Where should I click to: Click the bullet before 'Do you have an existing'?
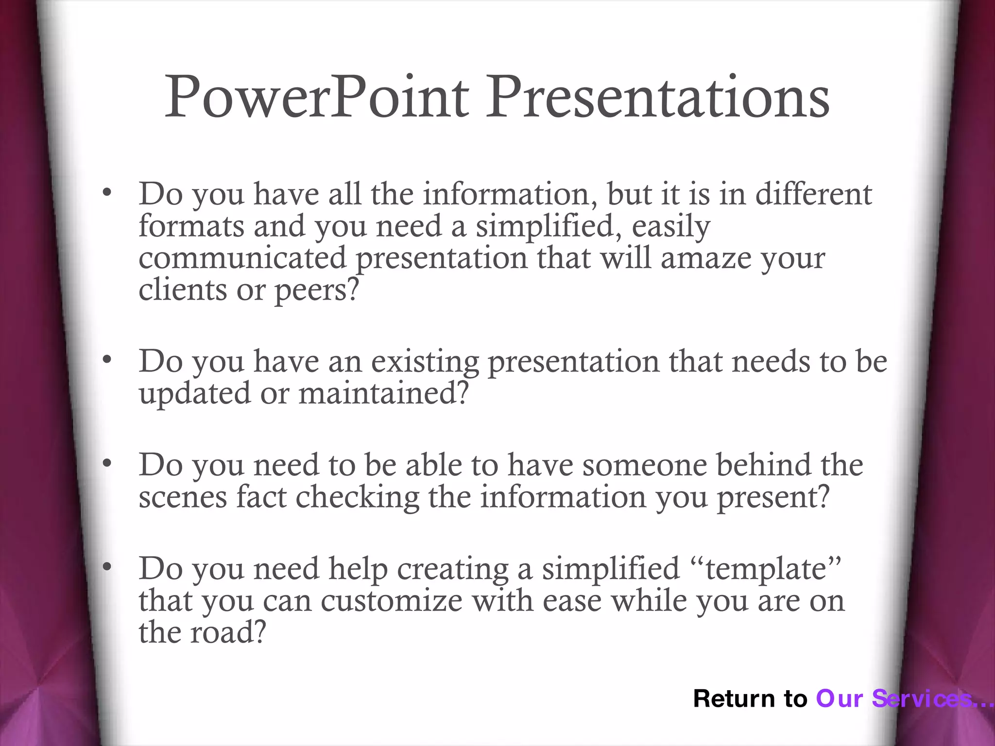click(x=107, y=360)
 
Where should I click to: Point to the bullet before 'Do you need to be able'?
click(x=107, y=464)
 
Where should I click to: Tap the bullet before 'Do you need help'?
click(x=107, y=567)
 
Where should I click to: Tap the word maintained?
click(x=383, y=393)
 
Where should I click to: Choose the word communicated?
click(x=242, y=258)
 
